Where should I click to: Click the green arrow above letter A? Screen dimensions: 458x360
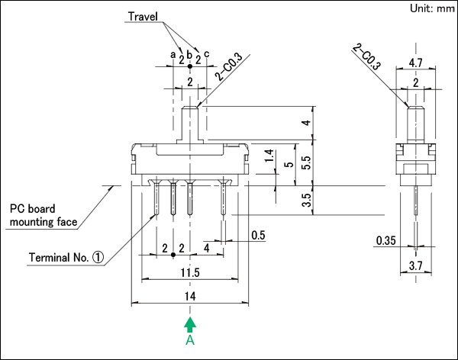tap(190, 325)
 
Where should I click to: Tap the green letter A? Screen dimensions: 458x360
tap(190, 340)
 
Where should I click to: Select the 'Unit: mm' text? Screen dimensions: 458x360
tap(432, 8)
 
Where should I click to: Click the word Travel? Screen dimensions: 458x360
tap(143, 16)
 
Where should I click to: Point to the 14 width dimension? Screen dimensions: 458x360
tap(190, 297)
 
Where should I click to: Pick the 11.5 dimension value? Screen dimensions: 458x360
tap(190, 273)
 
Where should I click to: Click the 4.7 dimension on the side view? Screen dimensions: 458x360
tap(416, 63)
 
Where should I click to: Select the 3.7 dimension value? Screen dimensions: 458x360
tap(416, 266)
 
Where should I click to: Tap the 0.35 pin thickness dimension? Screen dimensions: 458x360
tap(385, 240)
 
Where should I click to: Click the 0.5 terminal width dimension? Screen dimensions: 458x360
tap(258, 236)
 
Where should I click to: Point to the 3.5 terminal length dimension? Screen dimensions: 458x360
tap(307, 200)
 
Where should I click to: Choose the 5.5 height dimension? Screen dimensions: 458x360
tap(307, 163)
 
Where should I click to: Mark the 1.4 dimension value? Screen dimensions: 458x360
tap(269, 156)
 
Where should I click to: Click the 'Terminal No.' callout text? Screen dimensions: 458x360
tap(59, 258)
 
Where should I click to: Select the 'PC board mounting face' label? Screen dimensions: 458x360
tap(44, 215)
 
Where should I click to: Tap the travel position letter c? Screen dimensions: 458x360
tap(207, 54)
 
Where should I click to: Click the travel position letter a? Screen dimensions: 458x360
tap(173, 54)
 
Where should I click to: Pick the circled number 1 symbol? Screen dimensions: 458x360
tap(98, 257)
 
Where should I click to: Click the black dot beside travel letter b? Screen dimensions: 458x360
tap(190, 66)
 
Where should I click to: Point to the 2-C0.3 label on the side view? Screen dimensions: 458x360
tap(366, 57)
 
